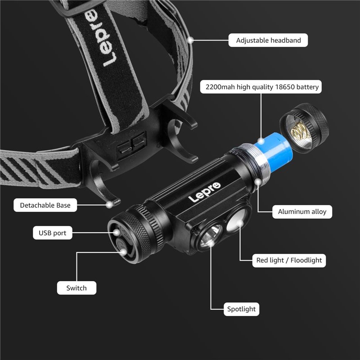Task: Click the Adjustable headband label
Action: pos(268,40)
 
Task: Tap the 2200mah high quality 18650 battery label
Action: pos(261,87)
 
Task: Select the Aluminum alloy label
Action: pos(302,211)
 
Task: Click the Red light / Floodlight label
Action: pos(289,261)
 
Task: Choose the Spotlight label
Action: pos(241,309)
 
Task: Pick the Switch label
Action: pos(76,288)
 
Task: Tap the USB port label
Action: pos(53,233)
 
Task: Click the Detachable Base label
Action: pos(45,205)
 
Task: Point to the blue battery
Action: pos(274,152)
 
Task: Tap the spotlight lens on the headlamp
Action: pos(211,237)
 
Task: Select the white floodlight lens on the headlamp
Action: pos(237,220)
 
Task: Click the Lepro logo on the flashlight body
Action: pos(204,192)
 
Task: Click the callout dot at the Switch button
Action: pos(123,252)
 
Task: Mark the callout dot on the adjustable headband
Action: pos(190,40)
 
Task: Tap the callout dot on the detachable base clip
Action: pos(110,205)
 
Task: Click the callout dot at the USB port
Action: pos(117,233)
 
